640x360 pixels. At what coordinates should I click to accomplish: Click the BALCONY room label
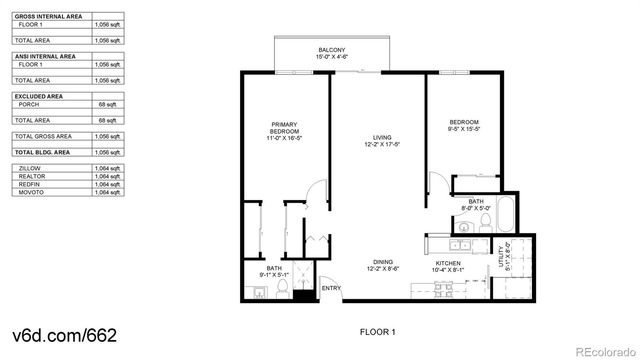pyautogui.click(x=332, y=50)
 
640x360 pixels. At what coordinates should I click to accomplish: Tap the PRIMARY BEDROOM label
pyautogui.click(x=285, y=128)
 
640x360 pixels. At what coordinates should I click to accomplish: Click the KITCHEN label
pyautogui.click(x=447, y=263)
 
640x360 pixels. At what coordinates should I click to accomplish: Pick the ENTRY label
pyautogui.click(x=331, y=289)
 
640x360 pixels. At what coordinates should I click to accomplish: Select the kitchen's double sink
pyautogui.click(x=462, y=243)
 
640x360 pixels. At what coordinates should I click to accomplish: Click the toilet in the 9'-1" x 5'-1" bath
pyautogui.click(x=282, y=291)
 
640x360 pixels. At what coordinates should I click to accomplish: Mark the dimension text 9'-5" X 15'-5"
pyautogui.click(x=465, y=128)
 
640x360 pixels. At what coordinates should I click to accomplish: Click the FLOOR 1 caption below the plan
pyautogui.click(x=377, y=331)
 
